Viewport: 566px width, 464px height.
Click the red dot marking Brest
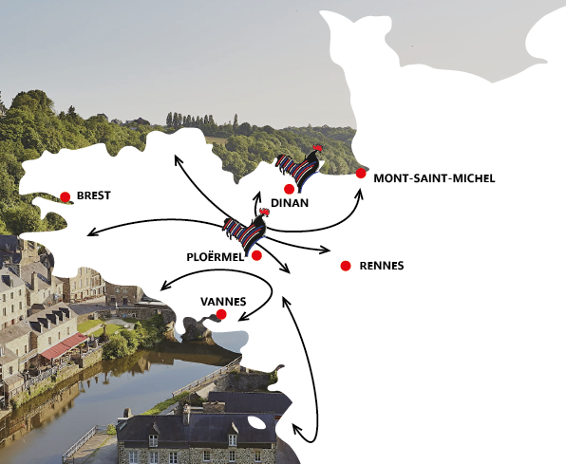(x=65, y=197)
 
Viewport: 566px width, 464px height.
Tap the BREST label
(x=94, y=196)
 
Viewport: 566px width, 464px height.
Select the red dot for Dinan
(x=289, y=189)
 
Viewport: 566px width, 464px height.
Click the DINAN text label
(x=290, y=203)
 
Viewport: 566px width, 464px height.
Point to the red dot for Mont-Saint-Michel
(x=361, y=173)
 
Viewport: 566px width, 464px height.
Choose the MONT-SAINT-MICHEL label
(x=435, y=177)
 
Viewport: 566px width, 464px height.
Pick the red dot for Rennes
(x=345, y=266)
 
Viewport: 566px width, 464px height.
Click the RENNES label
(x=382, y=267)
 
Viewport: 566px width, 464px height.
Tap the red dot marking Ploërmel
(x=256, y=255)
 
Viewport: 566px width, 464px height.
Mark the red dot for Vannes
(x=221, y=314)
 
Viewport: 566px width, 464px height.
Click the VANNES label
(x=223, y=301)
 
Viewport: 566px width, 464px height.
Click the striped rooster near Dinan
(x=300, y=167)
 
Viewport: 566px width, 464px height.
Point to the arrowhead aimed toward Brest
(x=91, y=233)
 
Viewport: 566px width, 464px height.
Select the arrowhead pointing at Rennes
(x=326, y=251)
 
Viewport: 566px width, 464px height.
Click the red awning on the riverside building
(x=63, y=346)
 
